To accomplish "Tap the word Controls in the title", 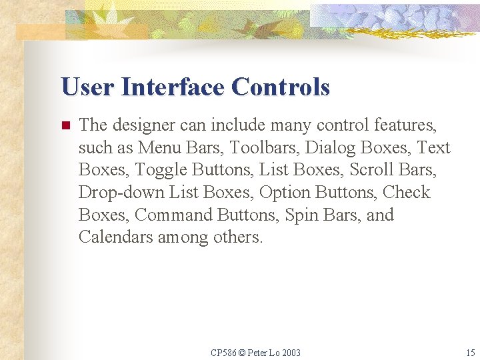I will pos(281,87).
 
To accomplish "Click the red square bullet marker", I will pos(65,125).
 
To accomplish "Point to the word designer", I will pos(139,125).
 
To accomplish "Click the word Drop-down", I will pos(121,193).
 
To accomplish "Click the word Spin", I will pos(301,215).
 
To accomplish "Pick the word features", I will pos(405,125).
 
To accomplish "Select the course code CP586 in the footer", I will pos(223,352).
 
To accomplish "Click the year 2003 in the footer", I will pos(290,352).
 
